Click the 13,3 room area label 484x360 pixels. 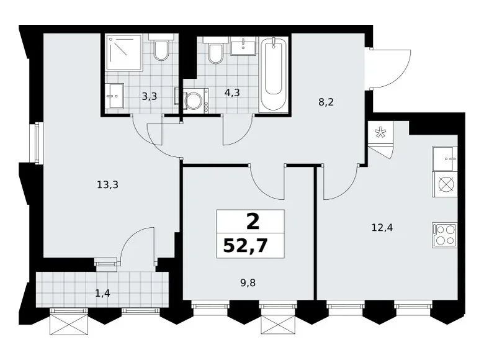(x=107, y=185)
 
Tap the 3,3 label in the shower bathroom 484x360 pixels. (x=150, y=97)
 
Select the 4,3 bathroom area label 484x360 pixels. (x=232, y=92)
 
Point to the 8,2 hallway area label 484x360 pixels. (x=326, y=102)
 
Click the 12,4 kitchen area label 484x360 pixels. (x=382, y=228)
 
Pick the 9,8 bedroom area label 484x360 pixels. (x=248, y=283)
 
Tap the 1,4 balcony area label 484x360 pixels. (x=102, y=293)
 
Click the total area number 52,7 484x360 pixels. (x=245, y=246)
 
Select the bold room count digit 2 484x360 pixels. (x=253, y=222)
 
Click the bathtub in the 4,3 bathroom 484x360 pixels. (x=274, y=74)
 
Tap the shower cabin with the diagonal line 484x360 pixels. (x=124, y=52)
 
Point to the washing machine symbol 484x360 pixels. (x=194, y=100)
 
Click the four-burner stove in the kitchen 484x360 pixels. (x=444, y=235)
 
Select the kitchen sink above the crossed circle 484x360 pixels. (x=444, y=159)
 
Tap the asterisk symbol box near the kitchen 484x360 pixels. (x=380, y=133)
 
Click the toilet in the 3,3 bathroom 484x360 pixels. (x=161, y=47)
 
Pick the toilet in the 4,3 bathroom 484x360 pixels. (x=215, y=50)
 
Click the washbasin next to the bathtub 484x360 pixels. (x=243, y=46)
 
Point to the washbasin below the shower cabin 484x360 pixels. (x=114, y=96)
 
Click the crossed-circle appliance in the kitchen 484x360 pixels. (x=444, y=184)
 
